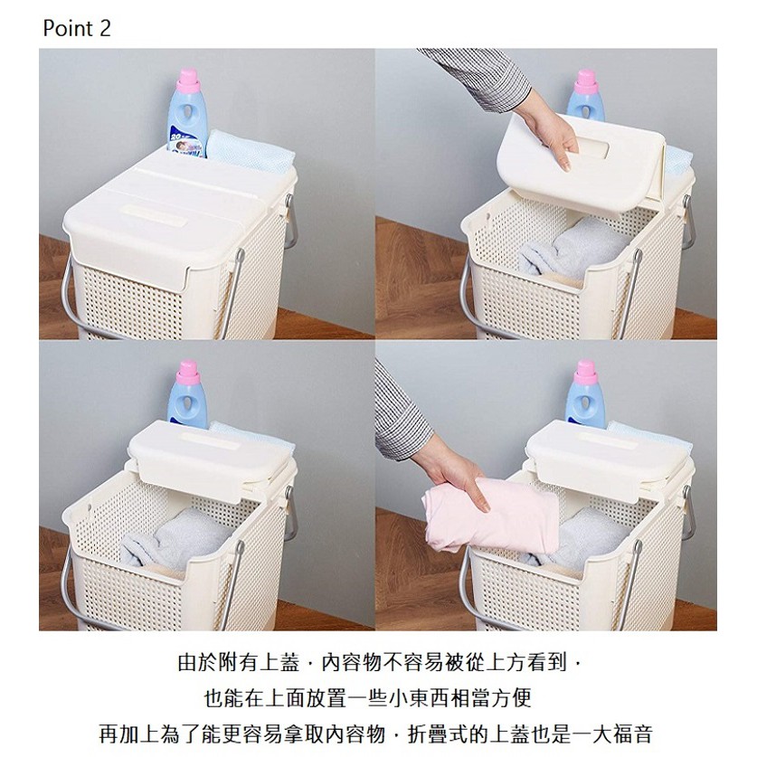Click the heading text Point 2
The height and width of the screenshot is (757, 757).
[x=77, y=28]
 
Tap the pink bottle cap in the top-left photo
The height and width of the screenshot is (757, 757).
[x=188, y=80]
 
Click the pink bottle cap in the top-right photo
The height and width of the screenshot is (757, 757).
[x=586, y=81]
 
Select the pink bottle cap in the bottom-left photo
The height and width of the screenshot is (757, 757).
[x=188, y=372]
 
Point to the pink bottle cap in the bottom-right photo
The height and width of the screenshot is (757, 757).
[x=586, y=372]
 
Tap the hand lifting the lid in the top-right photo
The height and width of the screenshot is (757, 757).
[x=549, y=130]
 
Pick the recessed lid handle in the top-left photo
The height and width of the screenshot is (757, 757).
[x=153, y=216]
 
